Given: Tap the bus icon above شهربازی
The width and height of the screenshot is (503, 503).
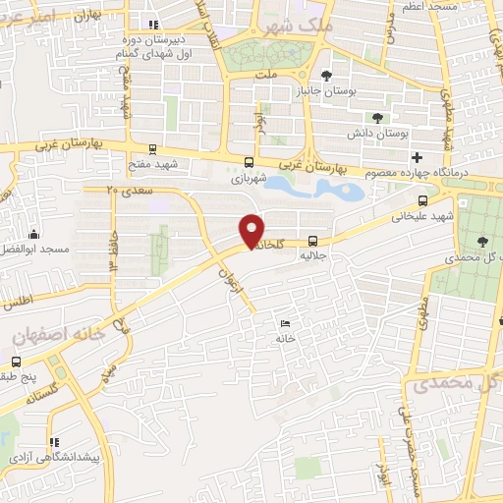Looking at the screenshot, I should (x=249, y=163).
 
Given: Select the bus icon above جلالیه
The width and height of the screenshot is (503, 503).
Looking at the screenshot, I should (x=313, y=240).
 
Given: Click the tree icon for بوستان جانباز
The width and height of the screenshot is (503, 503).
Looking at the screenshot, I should (x=327, y=76).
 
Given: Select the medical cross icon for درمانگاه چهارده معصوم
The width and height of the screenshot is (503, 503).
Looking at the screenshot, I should (x=418, y=157).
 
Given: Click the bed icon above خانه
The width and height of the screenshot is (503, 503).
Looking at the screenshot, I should (x=285, y=324).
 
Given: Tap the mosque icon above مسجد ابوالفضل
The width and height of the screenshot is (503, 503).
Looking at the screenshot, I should (x=34, y=234).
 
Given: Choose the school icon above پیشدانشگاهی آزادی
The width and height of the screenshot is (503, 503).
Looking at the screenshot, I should (x=54, y=443).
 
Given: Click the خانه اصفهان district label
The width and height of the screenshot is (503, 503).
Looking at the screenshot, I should (x=59, y=335).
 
